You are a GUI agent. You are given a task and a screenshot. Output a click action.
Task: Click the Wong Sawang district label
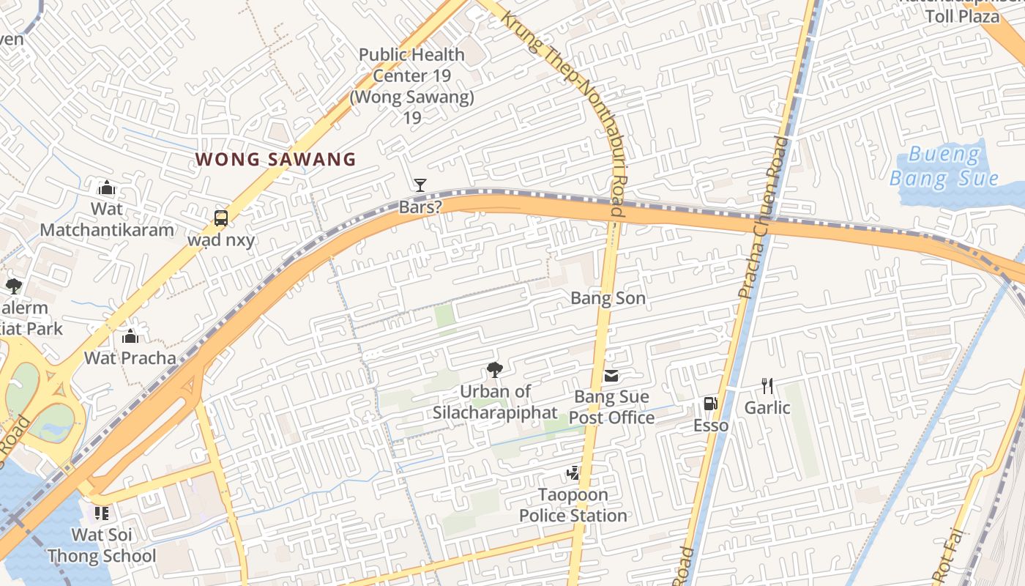[275, 159]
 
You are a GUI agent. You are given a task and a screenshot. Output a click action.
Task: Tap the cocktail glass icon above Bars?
[420, 185]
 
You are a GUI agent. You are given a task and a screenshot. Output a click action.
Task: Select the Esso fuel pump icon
[710, 404]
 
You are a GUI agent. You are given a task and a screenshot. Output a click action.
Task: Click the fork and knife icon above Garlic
[767, 385]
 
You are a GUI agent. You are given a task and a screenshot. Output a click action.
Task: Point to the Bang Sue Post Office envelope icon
[611, 377]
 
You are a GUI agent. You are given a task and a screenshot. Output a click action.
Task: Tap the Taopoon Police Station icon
[573, 473]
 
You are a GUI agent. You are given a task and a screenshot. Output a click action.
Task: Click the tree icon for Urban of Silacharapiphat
[494, 370]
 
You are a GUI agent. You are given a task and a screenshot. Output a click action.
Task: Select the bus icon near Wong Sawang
[220, 218]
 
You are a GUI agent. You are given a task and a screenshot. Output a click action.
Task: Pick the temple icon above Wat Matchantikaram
[107, 188]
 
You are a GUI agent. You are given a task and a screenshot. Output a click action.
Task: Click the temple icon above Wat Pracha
[130, 336]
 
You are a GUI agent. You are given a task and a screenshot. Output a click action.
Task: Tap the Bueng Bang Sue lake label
[944, 166]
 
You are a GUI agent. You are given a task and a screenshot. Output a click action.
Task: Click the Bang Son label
[608, 298]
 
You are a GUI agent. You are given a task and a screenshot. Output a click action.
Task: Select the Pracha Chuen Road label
[761, 220]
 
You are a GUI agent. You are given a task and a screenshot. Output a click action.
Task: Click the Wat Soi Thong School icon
[101, 513]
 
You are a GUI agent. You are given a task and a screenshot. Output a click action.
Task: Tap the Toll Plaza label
[962, 15]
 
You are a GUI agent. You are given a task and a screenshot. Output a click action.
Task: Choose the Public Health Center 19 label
[411, 75]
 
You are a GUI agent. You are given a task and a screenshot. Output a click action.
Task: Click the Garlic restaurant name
[767, 407]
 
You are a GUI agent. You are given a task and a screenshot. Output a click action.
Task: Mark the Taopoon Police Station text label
[573, 505]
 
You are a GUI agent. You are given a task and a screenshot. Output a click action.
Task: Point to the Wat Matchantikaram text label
[107, 219]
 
